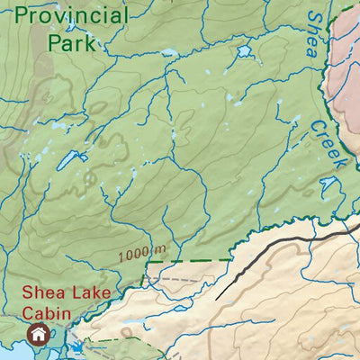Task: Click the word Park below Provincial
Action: (x=72, y=42)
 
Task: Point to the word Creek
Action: (x=328, y=148)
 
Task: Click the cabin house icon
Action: (x=38, y=335)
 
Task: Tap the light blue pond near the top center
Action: (x=243, y=52)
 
